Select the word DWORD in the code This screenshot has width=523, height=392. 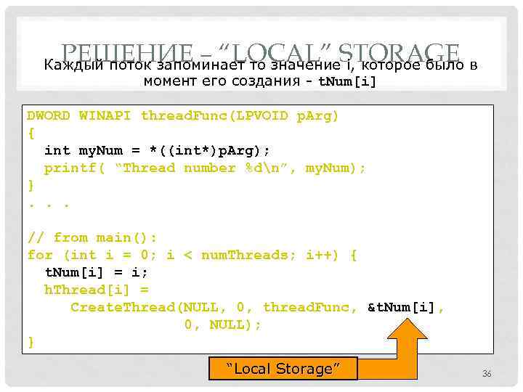[x=49, y=115]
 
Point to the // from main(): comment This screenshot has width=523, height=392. [x=92, y=237]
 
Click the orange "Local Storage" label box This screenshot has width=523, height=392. [x=283, y=369]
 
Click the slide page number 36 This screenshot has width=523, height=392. [x=487, y=373]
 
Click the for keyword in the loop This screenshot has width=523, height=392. [x=40, y=255]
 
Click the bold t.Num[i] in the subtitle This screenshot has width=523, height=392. [x=348, y=81]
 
